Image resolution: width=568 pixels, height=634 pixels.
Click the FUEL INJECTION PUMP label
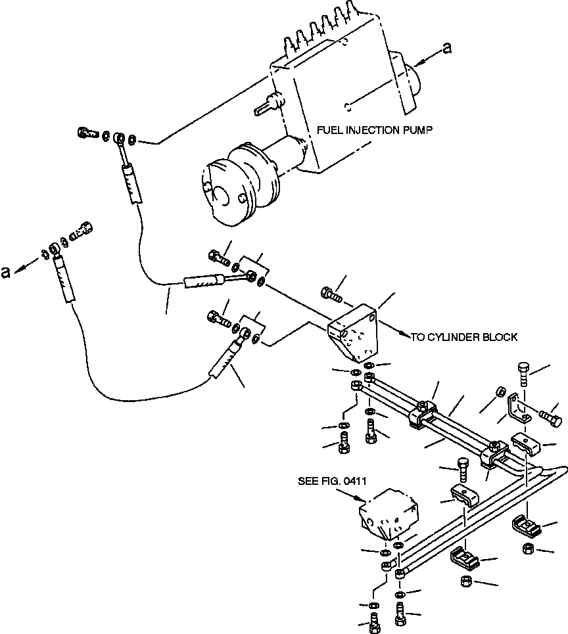(x=375, y=130)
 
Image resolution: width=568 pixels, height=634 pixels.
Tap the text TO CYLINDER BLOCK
(x=465, y=337)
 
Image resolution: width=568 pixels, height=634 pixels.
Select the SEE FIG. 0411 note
(x=332, y=482)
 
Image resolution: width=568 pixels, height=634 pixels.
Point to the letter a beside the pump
(x=448, y=48)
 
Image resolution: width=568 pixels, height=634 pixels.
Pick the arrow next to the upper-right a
(x=427, y=57)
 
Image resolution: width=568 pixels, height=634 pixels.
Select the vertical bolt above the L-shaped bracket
(x=523, y=373)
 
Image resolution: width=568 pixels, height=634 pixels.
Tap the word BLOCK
(x=502, y=337)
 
